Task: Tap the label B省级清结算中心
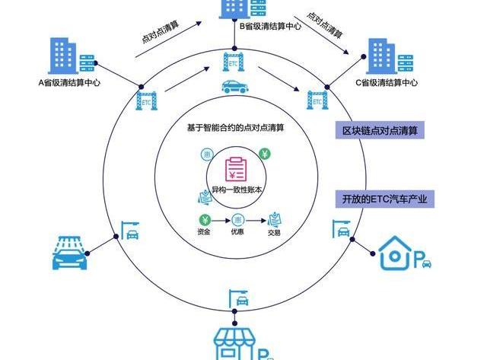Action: click(x=270, y=25)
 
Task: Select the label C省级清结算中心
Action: click(x=387, y=82)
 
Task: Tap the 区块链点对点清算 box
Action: click(x=380, y=131)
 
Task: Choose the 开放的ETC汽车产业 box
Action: click(x=384, y=200)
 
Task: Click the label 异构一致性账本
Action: click(x=237, y=190)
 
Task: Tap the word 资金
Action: click(x=202, y=231)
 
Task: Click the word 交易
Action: click(x=274, y=232)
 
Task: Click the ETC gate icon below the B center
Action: click(x=234, y=60)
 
